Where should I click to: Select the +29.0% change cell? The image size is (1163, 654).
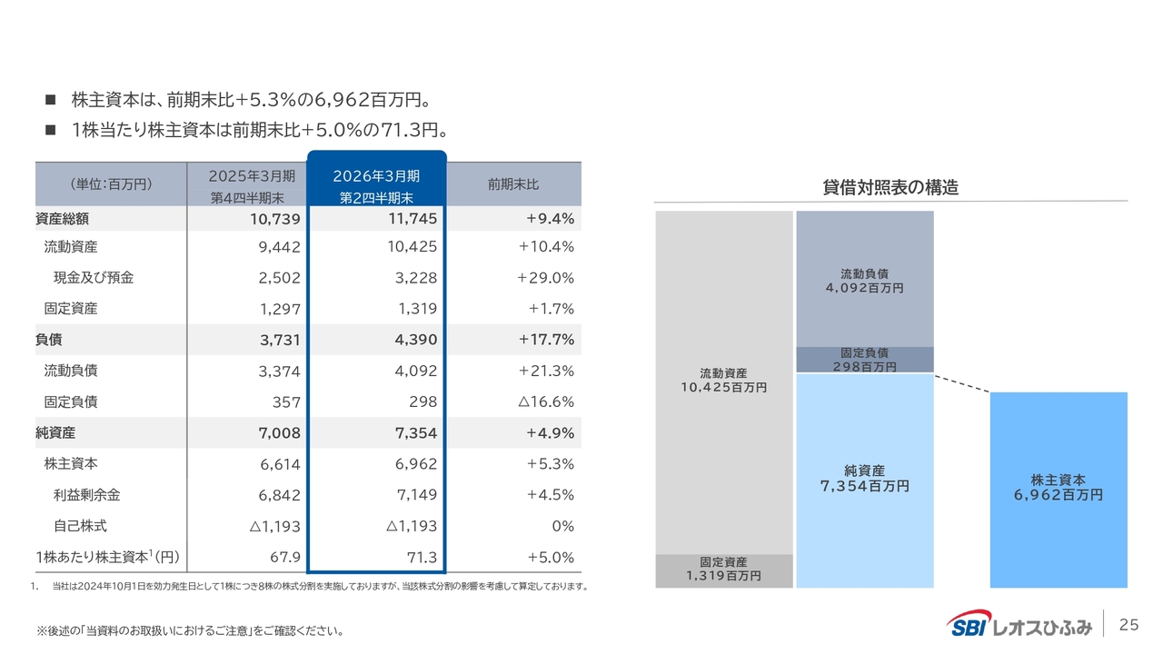click(x=545, y=278)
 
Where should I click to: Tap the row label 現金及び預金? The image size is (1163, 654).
click(x=93, y=278)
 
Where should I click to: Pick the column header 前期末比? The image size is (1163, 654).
click(x=513, y=184)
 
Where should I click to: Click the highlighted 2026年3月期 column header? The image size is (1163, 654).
click(x=376, y=184)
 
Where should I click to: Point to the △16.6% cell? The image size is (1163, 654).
click(x=545, y=401)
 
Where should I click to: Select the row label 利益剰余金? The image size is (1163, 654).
click(x=87, y=495)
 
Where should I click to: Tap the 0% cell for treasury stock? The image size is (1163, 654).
click(x=562, y=526)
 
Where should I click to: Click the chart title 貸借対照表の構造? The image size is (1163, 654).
click(x=890, y=188)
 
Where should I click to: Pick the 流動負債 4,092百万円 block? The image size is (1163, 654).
click(x=864, y=279)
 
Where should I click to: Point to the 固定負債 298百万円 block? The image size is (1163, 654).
click(x=864, y=360)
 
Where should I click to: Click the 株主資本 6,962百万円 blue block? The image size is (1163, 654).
click(x=1058, y=488)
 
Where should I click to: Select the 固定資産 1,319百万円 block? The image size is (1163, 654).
click(x=724, y=570)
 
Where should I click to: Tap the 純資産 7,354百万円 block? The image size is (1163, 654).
click(x=864, y=479)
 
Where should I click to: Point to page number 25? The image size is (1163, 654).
click(x=1128, y=625)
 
